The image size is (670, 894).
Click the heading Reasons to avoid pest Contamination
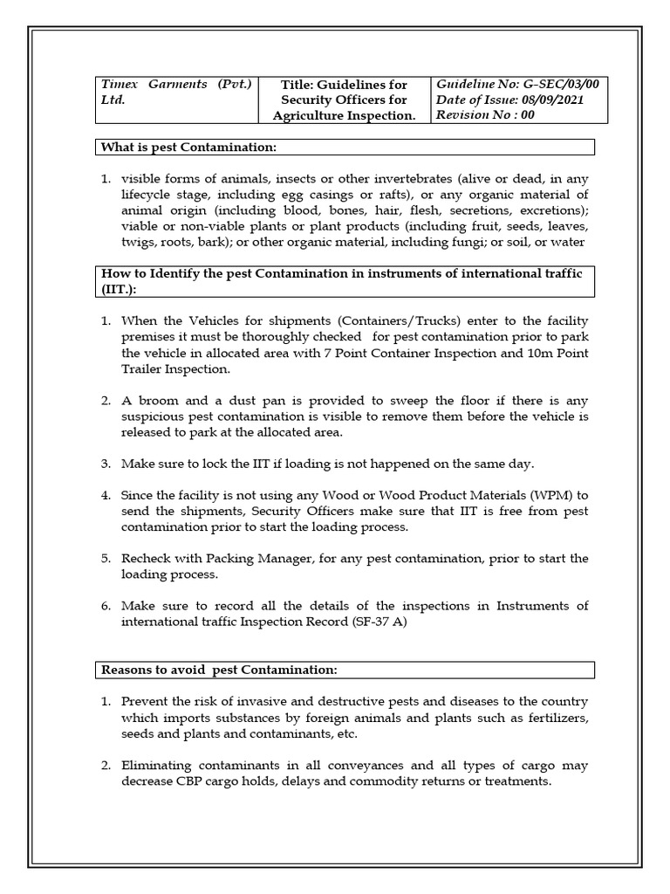tap(218, 670)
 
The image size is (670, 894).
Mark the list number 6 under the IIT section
tap(106, 606)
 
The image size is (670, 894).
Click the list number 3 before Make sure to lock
tap(106, 464)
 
